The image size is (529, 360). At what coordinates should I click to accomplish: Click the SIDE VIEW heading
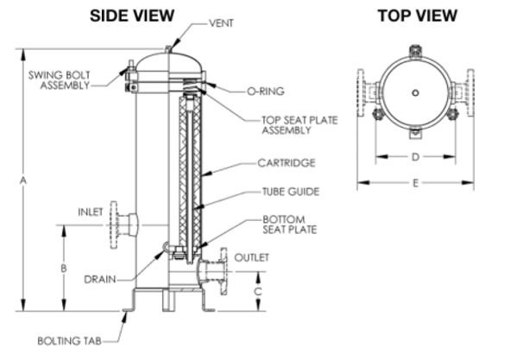132,16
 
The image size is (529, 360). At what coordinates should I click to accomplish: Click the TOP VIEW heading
418,16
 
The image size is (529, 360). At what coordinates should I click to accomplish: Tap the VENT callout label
221,23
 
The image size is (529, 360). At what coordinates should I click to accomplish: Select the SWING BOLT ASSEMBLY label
60,80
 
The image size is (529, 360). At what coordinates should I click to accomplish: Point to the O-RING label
266,92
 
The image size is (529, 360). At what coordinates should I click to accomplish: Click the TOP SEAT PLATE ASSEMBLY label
300,125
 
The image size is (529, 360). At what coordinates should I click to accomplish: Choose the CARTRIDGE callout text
287,163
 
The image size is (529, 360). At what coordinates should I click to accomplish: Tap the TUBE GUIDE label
291,192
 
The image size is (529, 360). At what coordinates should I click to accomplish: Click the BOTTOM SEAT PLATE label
290,224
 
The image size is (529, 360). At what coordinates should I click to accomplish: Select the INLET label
91,212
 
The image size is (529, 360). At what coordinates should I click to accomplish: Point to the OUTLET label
252,257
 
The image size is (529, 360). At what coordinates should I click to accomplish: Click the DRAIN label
100,280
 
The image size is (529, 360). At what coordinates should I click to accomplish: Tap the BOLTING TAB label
70,341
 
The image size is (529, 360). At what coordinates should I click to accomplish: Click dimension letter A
23,180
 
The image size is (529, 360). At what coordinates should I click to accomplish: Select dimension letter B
63,268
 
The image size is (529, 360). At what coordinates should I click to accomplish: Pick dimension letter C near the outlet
258,291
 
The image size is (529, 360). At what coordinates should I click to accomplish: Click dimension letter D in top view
415,156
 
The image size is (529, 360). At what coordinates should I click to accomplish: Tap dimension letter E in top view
415,183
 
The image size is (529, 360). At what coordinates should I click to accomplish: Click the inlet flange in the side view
115,225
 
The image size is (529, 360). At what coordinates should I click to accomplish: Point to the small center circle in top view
416,92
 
